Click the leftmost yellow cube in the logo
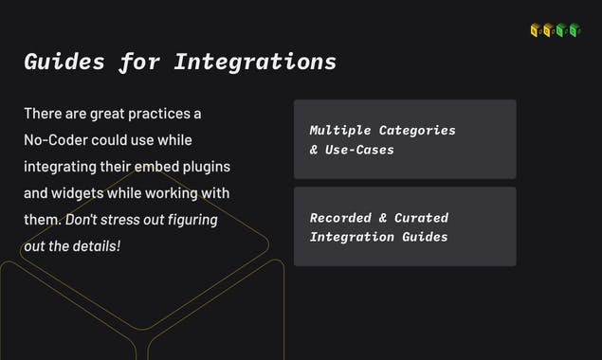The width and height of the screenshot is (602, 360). point(536,30)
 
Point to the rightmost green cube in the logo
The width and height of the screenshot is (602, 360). point(575,30)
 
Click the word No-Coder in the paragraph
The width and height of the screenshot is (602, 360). point(56,140)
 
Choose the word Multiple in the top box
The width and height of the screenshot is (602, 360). point(340,131)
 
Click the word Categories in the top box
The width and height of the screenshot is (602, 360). point(417,131)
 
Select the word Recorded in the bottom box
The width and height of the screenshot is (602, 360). point(340,218)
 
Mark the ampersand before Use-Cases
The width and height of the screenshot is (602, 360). point(314,150)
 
